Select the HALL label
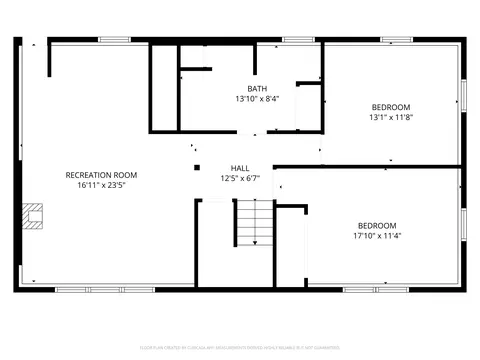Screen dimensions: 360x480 [x=240, y=168]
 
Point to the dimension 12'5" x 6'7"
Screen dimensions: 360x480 [x=240, y=178]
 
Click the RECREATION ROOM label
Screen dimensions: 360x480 [x=101, y=175]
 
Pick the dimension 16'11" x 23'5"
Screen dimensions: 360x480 [x=101, y=185]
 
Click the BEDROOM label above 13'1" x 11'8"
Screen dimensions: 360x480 [x=391, y=107]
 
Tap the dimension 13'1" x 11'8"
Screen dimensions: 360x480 [x=391, y=117]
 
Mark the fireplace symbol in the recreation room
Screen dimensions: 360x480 [x=34, y=216]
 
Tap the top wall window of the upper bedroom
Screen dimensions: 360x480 [x=396, y=40]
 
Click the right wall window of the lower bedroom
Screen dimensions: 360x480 [x=463, y=224]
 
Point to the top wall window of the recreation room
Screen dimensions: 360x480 [x=113, y=40]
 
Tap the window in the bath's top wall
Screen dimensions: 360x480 [x=298, y=40]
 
